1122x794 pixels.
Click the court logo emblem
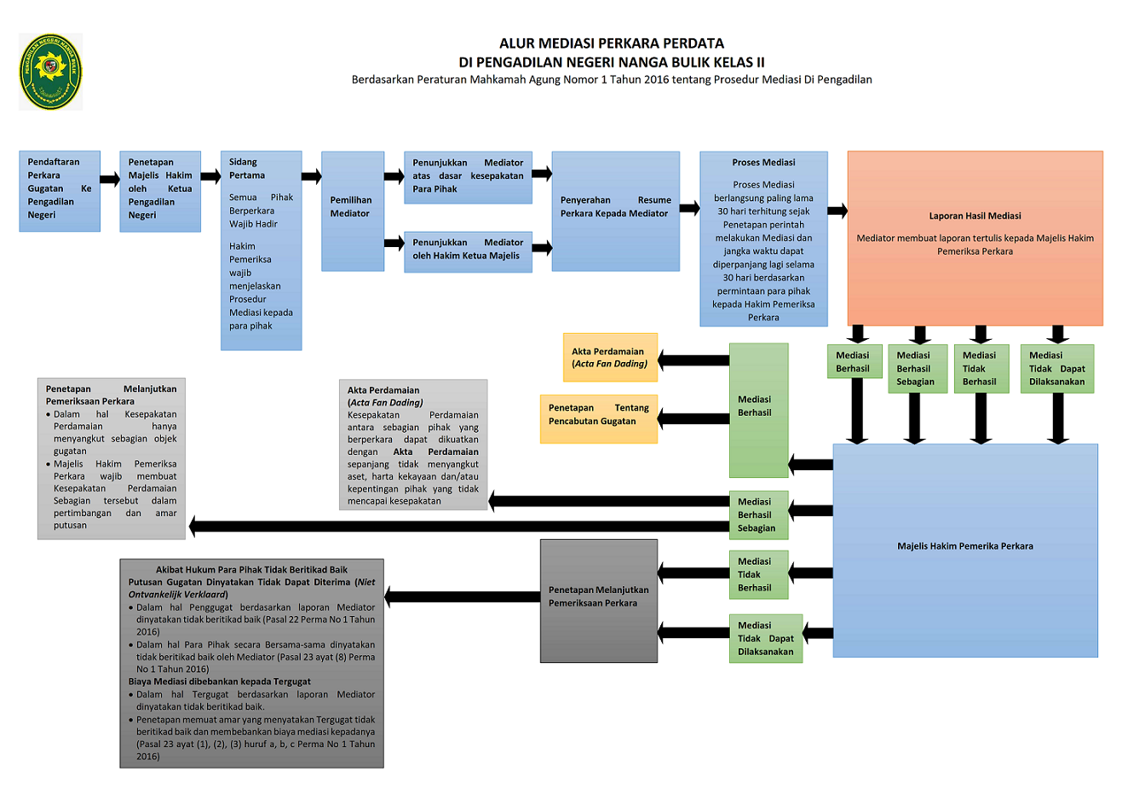pyautogui.click(x=50, y=72)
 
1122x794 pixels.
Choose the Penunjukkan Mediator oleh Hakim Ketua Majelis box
pyautogui.click(x=467, y=250)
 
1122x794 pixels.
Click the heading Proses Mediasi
pyautogui.click(x=763, y=163)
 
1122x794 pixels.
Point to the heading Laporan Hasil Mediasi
pyautogui.click(x=975, y=216)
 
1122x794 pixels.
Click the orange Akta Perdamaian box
pyautogui.click(x=610, y=358)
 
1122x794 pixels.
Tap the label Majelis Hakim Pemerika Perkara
pyautogui.click(x=964, y=546)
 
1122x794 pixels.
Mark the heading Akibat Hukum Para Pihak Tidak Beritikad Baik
pyautogui.click(x=251, y=570)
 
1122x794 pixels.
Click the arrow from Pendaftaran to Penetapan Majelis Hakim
pyautogui.click(x=110, y=179)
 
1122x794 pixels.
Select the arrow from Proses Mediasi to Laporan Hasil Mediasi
pyautogui.click(x=837, y=210)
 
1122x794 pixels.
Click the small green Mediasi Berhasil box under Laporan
pyautogui.click(x=852, y=362)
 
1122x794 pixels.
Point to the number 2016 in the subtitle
pyautogui.click(x=656, y=80)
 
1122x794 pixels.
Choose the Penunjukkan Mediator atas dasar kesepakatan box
pyautogui.click(x=468, y=176)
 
